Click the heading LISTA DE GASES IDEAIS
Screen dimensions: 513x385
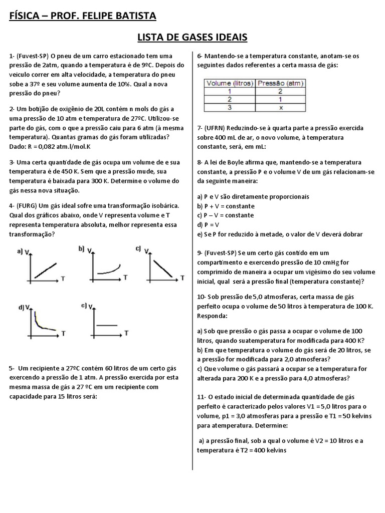(x=192, y=38)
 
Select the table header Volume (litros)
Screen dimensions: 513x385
(x=230, y=83)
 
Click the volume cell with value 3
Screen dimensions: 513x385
(x=230, y=107)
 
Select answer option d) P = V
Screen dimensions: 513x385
(x=210, y=224)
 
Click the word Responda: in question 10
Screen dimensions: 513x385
(x=213, y=316)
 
